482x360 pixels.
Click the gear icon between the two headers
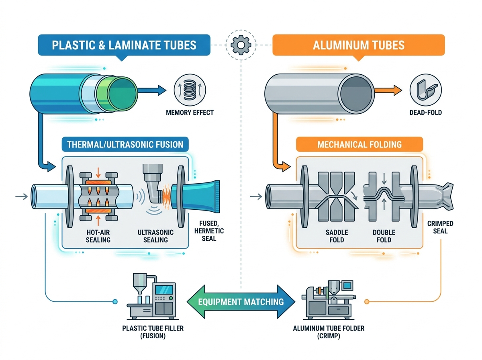point(241,45)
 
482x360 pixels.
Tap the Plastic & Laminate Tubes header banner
point(124,45)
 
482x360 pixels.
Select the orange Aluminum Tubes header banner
point(358,45)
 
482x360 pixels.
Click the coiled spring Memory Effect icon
point(190,90)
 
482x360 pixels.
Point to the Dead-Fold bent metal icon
point(425,90)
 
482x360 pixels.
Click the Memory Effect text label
point(190,112)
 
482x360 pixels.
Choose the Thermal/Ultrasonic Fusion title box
point(125,144)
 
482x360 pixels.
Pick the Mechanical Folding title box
point(359,144)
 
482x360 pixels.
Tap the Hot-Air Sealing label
point(98,236)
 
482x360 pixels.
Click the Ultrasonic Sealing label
point(155,236)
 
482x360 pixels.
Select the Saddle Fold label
point(337,236)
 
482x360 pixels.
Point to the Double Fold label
point(384,236)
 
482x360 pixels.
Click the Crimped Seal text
point(440,227)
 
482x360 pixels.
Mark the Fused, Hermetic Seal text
point(209,231)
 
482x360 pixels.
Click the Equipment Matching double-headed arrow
point(241,302)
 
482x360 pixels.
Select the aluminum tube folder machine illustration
point(329,300)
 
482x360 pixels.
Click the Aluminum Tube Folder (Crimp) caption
point(329,332)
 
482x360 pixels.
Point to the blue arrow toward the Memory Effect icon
point(151,90)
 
